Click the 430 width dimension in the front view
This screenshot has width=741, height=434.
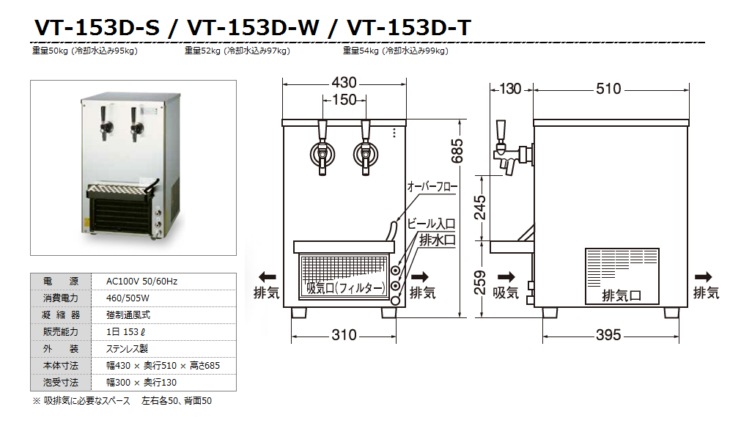pyautogui.click(x=344, y=82)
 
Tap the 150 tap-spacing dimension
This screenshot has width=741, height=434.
pyautogui.click(x=344, y=100)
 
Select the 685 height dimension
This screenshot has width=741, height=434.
pyautogui.click(x=457, y=150)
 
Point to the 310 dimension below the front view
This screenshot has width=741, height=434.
pyautogui.click(x=344, y=335)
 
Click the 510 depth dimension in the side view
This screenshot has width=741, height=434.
pyautogui.click(x=608, y=89)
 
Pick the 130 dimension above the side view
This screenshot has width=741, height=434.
pyautogui.click(x=510, y=89)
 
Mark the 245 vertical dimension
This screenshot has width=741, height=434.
pyautogui.click(x=480, y=207)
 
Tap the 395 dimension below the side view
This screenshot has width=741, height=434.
pyautogui.click(x=608, y=335)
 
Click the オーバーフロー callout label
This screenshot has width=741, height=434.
pyautogui.click(x=432, y=188)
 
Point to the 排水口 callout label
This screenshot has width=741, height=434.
pyautogui.click(x=438, y=240)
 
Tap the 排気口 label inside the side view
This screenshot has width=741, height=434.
pyautogui.click(x=622, y=296)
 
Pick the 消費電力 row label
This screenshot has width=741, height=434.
pyautogui.click(x=61, y=298)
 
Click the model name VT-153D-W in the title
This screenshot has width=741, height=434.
pyautogui.click(x=254, y=28)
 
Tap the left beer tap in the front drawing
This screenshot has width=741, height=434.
pyautogui.click(x=322, y=147)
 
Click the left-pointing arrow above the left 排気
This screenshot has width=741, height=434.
pyautogui.click(x=267, y=277)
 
